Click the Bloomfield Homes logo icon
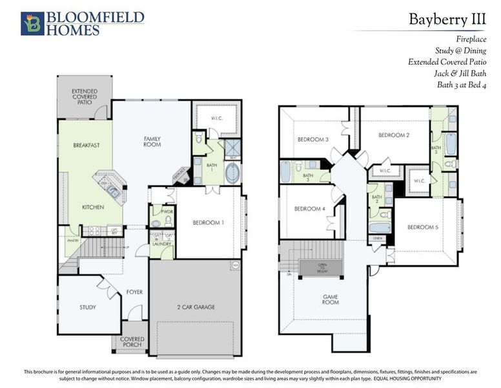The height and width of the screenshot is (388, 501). (x=32, y=23)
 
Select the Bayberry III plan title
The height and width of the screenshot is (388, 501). (x=447, y=19)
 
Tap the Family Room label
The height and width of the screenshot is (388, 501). (x=152, y=141)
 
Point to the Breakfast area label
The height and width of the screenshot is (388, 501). (x=85, y=145)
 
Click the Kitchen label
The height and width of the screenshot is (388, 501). (x=93, y=207)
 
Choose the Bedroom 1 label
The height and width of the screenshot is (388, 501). (x=209, y=222)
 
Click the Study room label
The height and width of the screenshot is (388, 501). (x=88, y=307)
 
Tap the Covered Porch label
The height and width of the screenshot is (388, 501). (x=131, y=342)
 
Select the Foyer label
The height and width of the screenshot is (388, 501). (x=134, y=292)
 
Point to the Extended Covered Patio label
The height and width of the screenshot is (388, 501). (x=85, y=96)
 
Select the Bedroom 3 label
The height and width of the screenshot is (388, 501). (x=313, y=140)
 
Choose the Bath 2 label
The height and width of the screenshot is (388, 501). (x=378, y=199)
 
